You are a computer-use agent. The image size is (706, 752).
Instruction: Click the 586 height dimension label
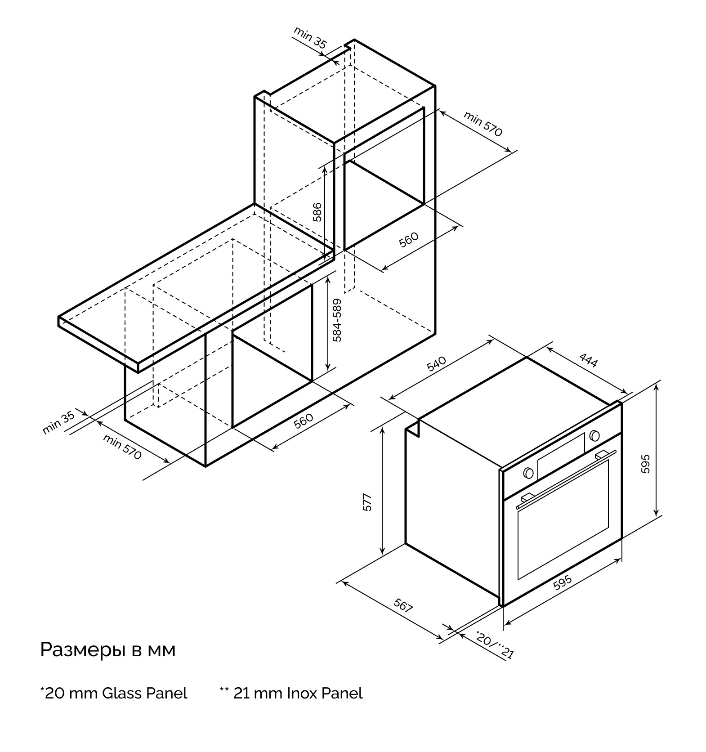point(317,212)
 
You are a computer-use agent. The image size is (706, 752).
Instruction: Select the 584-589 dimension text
point(337,320)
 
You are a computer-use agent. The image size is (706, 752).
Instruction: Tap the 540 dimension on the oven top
point(436,363)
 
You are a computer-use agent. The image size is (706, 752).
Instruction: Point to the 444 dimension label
point(588,360)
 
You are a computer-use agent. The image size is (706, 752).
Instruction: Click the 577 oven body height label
point(367,502)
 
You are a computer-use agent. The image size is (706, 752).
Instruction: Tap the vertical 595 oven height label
point(645,464)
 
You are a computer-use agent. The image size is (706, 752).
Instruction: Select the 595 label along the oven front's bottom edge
point(562,582)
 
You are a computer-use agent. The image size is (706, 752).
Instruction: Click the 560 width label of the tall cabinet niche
point(408,240)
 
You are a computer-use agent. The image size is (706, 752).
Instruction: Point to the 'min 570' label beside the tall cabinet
point(483,124)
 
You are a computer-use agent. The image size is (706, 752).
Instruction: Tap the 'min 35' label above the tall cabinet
point(310,37)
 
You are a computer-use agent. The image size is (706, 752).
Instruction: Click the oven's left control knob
point(528,473)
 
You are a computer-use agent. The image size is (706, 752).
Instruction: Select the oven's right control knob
point(594,435)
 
